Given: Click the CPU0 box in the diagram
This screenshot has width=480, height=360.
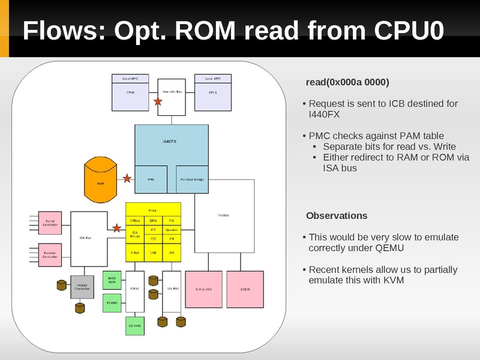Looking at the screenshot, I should [x=130, y=96].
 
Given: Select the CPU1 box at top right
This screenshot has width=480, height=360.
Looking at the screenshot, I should [x=213, y=96].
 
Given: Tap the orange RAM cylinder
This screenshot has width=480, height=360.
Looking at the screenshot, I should [x=101, y=180].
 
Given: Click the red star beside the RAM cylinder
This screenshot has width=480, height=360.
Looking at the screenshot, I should [x=127, y=178].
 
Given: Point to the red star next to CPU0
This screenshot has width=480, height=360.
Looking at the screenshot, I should [x=158, y=102].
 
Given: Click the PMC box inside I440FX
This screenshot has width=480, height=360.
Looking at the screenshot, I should [x=151, y=179].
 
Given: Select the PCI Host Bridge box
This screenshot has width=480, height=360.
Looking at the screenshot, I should [x=191, y=179].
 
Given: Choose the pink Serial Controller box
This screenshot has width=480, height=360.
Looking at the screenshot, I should [x=50, y=223].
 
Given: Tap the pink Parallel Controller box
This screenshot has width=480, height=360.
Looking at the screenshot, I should [x=50, y=255].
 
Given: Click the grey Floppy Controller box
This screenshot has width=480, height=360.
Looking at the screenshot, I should [x=82, y=287].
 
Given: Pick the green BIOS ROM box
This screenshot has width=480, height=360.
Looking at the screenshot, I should [x=112, y=280].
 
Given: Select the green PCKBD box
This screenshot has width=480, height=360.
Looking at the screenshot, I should [x=112, y=303].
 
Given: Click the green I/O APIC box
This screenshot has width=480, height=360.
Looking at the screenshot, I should [x=134, y=325].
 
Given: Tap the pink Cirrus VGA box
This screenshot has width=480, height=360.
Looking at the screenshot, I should [x=204, y=290].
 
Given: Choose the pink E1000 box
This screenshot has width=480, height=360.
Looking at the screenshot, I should [x=245, y=290].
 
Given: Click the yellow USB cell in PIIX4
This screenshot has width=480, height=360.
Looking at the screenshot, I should [x=153, y=253].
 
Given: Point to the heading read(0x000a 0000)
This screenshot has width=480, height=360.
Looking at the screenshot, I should [x=347, y=81].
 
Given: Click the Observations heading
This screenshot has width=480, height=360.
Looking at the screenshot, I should [x=336, y=215].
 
